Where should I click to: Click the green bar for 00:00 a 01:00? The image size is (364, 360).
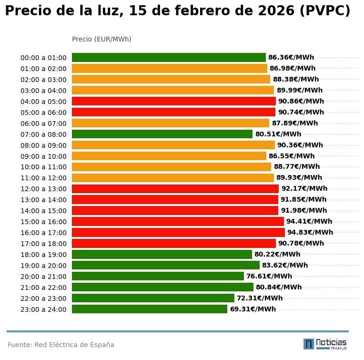point(169,58)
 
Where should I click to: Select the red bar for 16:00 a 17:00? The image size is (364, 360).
point(178,233)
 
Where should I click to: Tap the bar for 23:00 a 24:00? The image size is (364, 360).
point(150,309)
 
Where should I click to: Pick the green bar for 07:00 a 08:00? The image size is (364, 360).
point(162,134)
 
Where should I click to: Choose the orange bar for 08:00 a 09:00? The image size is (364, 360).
point(173,145)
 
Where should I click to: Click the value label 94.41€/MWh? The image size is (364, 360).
point(309,222)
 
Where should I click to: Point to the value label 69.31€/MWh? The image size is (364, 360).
point(253,309)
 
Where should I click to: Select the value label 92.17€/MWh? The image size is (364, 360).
point(304,189)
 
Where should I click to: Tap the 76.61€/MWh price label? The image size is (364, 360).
point(269,277)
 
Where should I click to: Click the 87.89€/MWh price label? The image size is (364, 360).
point(294,123)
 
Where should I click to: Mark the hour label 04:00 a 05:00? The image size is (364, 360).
point(43,102)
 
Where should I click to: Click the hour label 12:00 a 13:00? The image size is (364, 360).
point(43,189)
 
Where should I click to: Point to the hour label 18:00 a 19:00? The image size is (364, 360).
point(43,255)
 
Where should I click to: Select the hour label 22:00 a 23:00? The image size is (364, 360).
point(43,299)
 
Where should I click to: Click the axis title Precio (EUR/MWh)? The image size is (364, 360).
point(101,39)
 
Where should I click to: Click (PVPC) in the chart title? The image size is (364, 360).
point(325,11)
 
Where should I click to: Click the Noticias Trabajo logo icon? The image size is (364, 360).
point(309,344)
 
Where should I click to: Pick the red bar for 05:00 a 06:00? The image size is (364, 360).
point(173,113)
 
